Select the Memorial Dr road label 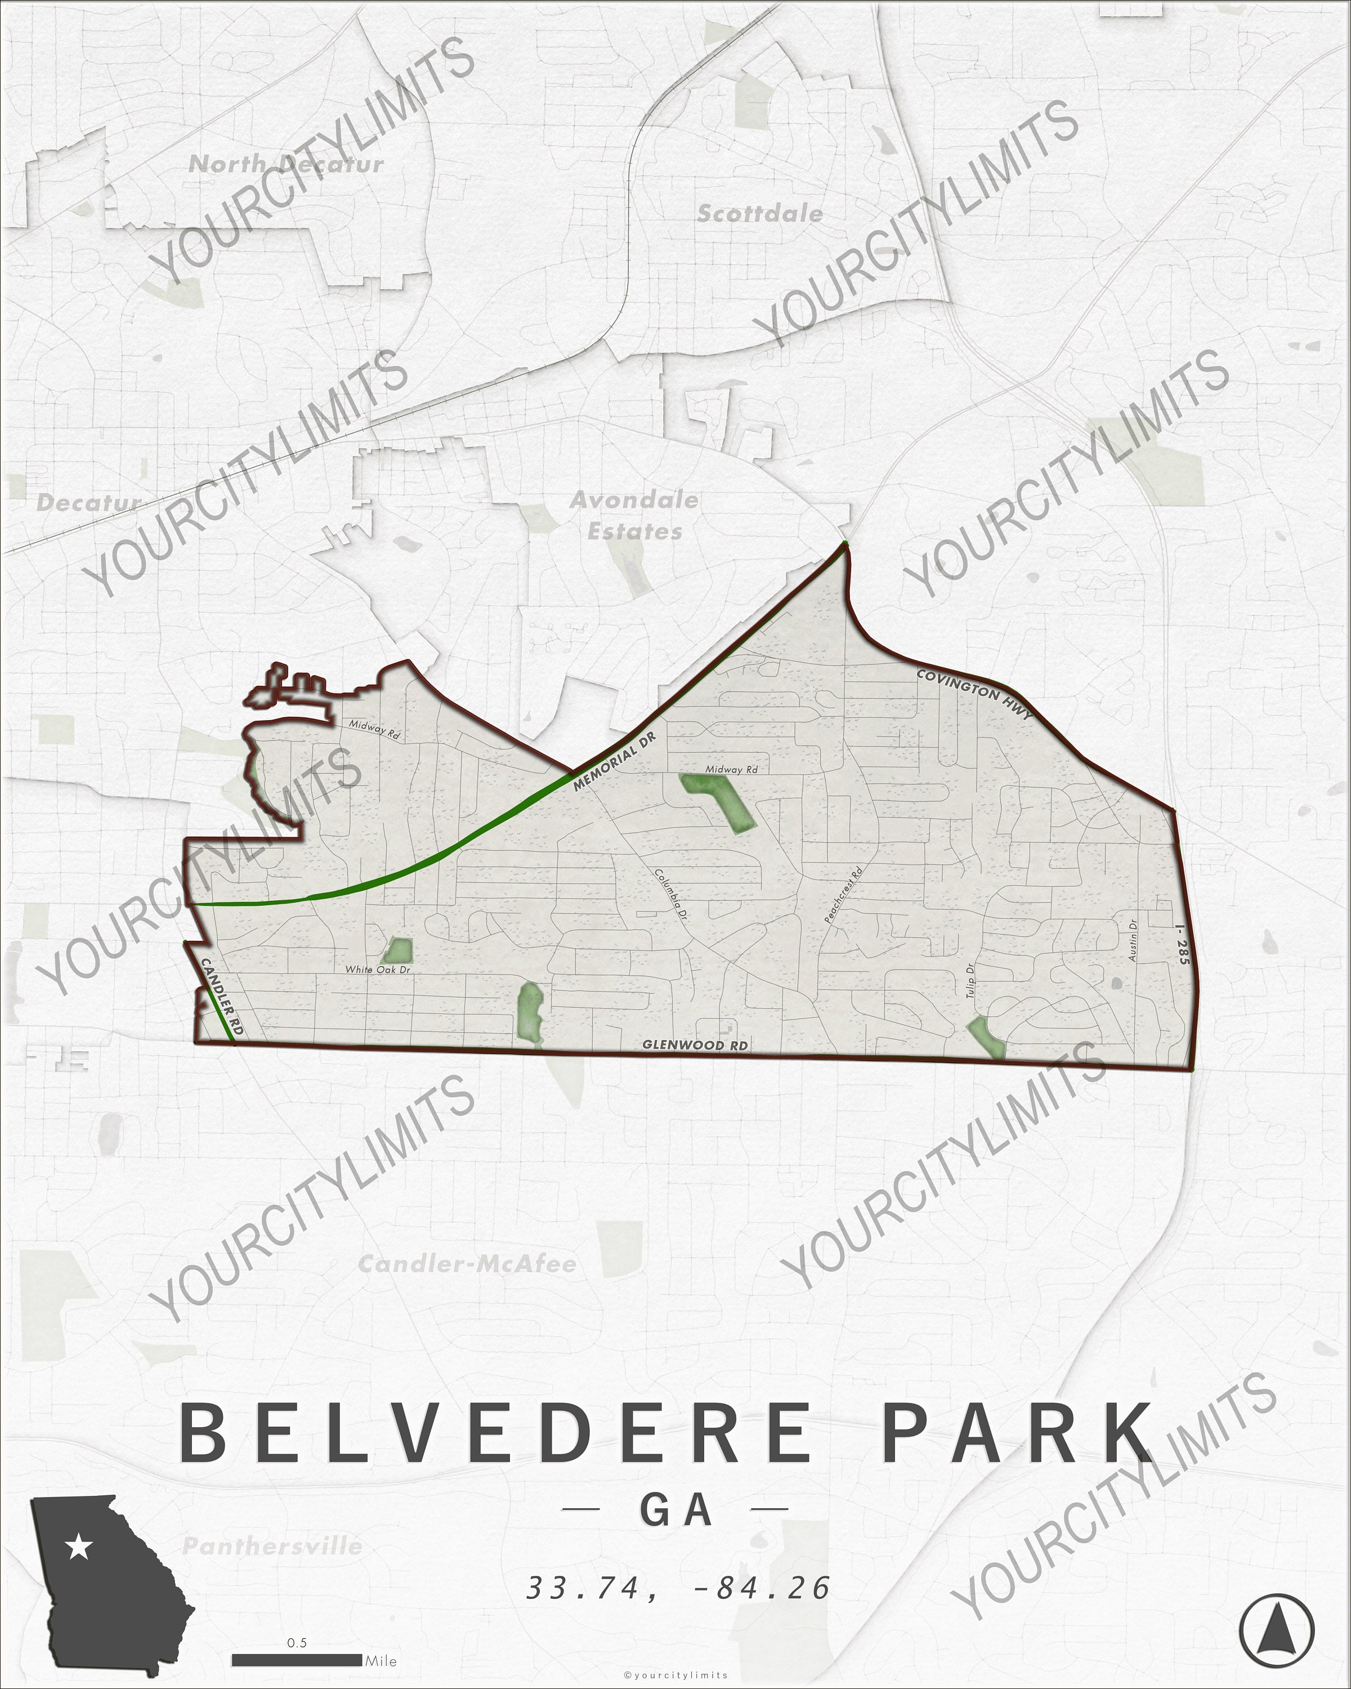click(613, 762)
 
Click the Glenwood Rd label click(695, 1045)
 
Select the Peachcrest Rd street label click(843, 895)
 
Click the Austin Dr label click(1131, 940)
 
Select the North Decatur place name click(287, 164)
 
